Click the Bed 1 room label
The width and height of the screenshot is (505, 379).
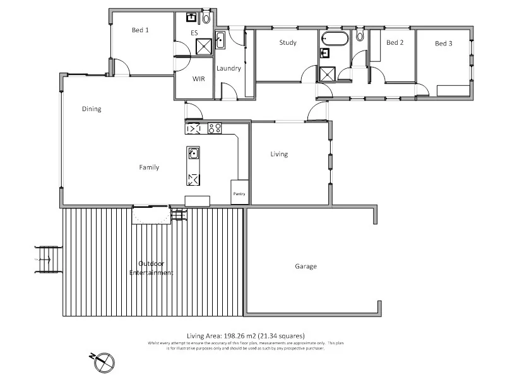point(140,30)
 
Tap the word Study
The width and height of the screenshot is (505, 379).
point(288,43)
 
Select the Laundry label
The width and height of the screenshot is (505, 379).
point(228,69)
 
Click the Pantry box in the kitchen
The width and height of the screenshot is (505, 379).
point(239,194)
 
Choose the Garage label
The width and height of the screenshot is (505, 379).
point(306,267)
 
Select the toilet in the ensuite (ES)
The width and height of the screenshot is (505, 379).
point(206,18)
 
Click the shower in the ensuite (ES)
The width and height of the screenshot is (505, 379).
point(205,47)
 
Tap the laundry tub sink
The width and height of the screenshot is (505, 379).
point(220,40)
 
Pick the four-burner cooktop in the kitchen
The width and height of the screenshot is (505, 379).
point(215,129)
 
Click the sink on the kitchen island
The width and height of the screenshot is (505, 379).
point(193,153)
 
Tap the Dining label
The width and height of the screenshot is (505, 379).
point(92,109)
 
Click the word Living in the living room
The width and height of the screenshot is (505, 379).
point(279,154)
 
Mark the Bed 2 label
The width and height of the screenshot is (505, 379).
point(395,43)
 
